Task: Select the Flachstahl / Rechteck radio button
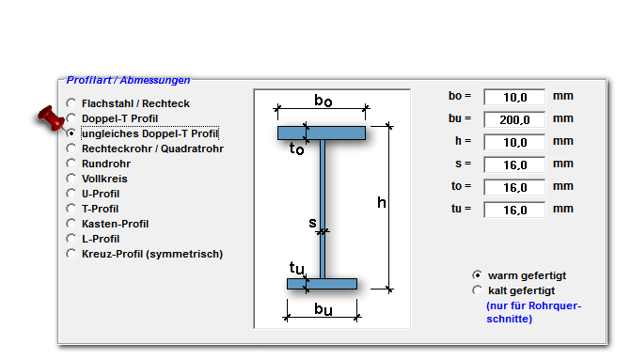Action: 71,103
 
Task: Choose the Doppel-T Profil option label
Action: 120,118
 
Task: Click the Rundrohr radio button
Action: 71,164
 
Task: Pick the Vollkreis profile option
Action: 104,179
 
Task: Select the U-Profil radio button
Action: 71,194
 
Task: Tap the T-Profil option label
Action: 101,209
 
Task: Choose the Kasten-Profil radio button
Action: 71,224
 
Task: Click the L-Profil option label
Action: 101,239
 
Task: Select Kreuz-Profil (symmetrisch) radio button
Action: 71,254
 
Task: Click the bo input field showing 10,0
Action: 514,97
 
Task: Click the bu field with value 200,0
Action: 514,119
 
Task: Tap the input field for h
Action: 514,142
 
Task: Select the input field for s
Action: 514,164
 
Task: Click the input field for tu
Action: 514,210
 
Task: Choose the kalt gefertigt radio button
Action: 478,290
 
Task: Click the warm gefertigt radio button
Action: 478,275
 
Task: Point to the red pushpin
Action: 51,117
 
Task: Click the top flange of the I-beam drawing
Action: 322,133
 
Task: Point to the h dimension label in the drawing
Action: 382,202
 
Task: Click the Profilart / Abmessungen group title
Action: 128,80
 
